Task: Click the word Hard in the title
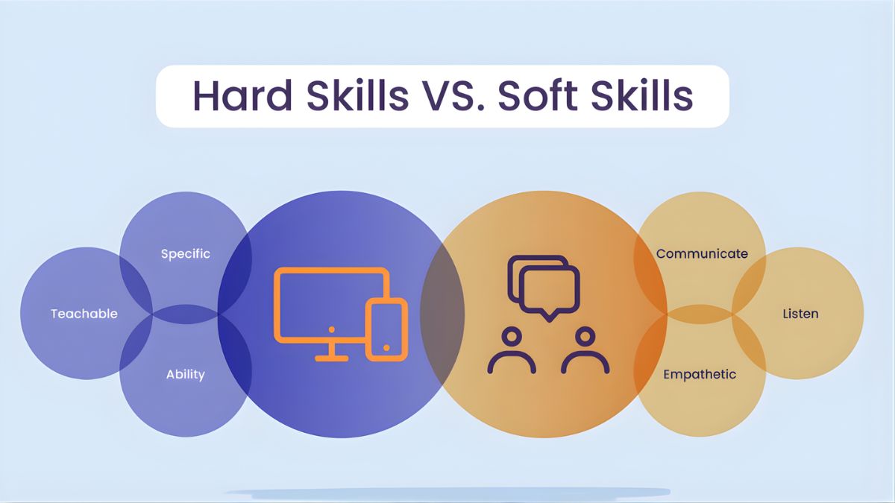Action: tap(242, 96)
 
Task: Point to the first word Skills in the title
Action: tap(357, 96)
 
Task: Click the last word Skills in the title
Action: tap(642, 96)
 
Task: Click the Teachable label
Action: tap(84, 314)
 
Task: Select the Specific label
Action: tap(186, 254)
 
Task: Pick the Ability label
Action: tap(186, 374)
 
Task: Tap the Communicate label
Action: tap(702, 254)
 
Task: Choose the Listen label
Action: tap(800, 314)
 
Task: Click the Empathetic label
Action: tap(700, 374)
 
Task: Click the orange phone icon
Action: tap(387, 329)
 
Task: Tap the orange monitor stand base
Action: tap(332, 358)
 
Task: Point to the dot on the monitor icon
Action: tap(332, 329)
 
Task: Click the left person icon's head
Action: tap(512, 338)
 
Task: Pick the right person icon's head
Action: tap(585, 338)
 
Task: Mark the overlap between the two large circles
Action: tap(442, 314)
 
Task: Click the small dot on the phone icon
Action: tap(386, 348)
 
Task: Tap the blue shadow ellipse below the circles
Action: tap(447, 493)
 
